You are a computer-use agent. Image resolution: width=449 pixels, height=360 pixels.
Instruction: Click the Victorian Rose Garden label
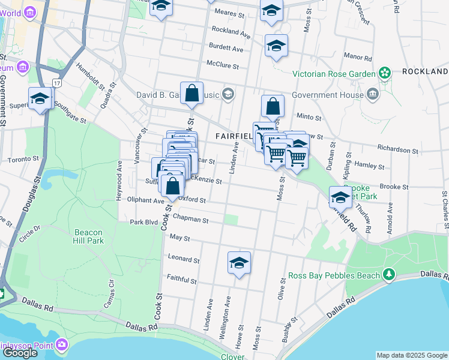[333, 74]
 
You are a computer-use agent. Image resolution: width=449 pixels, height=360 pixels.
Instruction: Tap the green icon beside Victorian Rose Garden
[384, 74]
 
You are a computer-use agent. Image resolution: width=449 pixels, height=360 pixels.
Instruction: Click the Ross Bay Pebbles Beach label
[334, 275]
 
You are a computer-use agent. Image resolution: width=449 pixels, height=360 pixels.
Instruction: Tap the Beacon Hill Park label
[89, 236]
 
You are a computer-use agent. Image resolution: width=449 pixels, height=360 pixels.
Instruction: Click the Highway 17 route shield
[57, 82]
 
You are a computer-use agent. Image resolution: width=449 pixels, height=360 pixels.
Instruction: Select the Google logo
[20, 352]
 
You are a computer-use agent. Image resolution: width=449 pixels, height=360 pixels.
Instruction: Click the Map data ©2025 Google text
[412, 355]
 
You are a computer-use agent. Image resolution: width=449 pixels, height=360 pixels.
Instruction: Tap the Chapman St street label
[189, 220]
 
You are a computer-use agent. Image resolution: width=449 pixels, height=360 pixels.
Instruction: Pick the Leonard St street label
[184, 259]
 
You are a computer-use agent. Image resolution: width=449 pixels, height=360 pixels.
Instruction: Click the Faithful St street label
[182, 280]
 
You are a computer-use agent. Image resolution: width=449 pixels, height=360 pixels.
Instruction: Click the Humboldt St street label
[89, 84]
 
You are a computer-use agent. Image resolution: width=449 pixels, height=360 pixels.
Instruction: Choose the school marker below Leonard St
[239, 263]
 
